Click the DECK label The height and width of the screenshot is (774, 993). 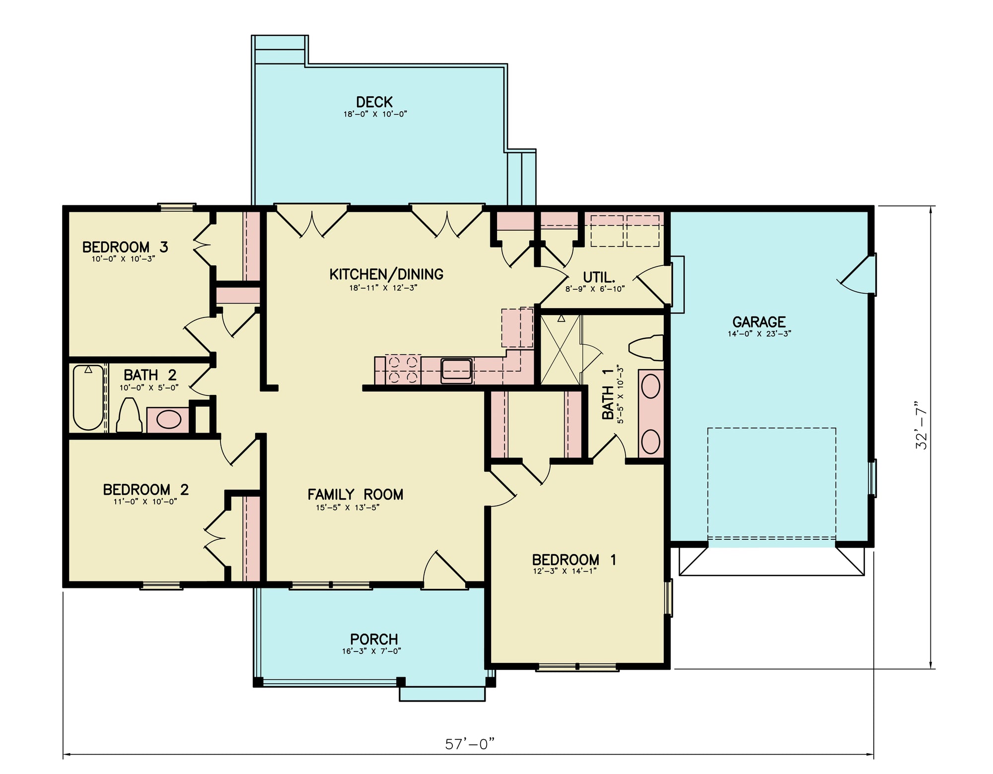tap(374, 102)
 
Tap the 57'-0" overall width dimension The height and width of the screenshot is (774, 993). tap(470, 744)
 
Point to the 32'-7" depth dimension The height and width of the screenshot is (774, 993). tap(922, 425)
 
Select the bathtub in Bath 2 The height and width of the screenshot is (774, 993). tap(88, 398)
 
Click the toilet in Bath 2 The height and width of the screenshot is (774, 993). tap(129, 416)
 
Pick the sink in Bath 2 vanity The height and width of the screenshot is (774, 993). tap(168, 420)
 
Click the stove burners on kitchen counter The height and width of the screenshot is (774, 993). tap(403, 370)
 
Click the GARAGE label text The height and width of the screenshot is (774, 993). tap(759, 322)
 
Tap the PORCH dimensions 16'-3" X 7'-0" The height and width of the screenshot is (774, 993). tap(371, 651)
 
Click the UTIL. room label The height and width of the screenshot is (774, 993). tap(599, 277)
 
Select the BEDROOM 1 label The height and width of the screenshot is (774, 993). tap(574, 560)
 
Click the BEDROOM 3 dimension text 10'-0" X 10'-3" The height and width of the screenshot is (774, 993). tap(123, 258)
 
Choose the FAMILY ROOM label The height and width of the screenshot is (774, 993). tap(355, 494)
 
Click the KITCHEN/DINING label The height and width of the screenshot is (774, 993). tap(386, 274)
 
